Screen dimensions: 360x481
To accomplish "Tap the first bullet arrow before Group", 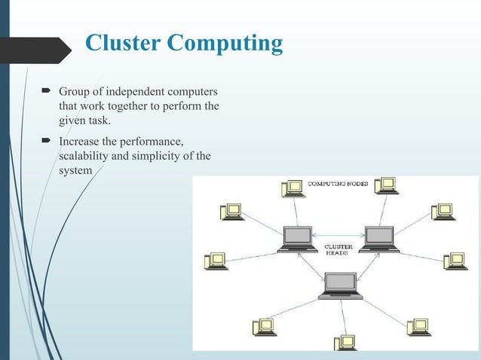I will click(x=46, y=92).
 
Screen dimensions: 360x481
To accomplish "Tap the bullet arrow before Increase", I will click(x=46, y=141).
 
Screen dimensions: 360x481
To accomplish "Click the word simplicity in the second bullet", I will click(x=161, y=156).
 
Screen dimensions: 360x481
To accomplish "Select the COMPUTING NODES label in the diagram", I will click(x=339, y=184).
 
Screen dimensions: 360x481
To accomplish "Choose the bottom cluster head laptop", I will click(x=340, y=285).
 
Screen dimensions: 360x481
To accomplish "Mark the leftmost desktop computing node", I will click(x=215, y=261).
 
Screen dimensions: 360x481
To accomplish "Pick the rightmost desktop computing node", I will click(x=455, y=261).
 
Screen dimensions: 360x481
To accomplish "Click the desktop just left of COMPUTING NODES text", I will click(x=291, y=188).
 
